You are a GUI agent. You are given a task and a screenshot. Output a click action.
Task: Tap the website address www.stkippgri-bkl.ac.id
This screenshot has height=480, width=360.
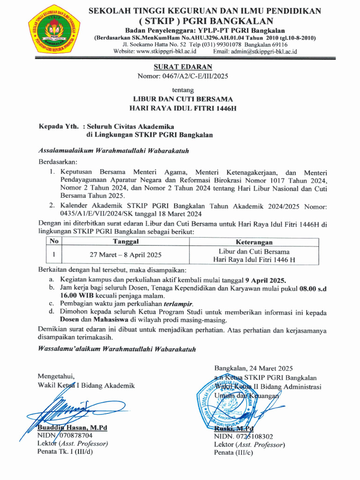[x=166, y=52]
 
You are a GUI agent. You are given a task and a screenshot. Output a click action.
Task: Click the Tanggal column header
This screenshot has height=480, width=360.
[x=126, y=241]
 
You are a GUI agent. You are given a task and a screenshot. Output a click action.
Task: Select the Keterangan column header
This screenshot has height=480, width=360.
[x=254, y=242]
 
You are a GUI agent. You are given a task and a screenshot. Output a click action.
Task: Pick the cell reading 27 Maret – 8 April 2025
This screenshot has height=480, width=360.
[x=126, y=255]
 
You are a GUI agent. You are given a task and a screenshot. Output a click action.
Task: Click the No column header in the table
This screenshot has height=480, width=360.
[x=54, y=241]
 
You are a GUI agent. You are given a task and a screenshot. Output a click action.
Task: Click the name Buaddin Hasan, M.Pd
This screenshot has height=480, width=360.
[x=72, y=427]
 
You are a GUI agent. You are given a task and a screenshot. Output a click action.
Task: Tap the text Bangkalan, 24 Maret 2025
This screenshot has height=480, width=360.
[x=254, y=368]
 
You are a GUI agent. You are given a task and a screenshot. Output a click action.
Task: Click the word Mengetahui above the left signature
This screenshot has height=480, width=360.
[x=56, y=376]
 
